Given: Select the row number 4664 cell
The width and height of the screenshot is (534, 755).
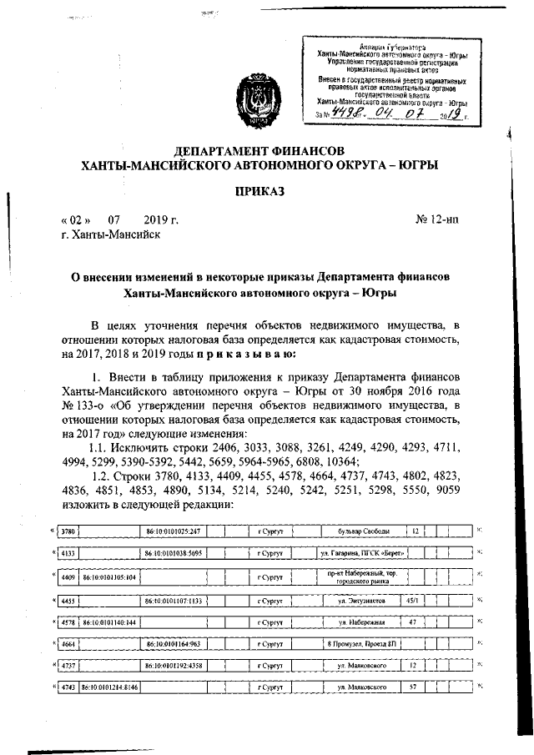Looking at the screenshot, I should click(x=68, y=644).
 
